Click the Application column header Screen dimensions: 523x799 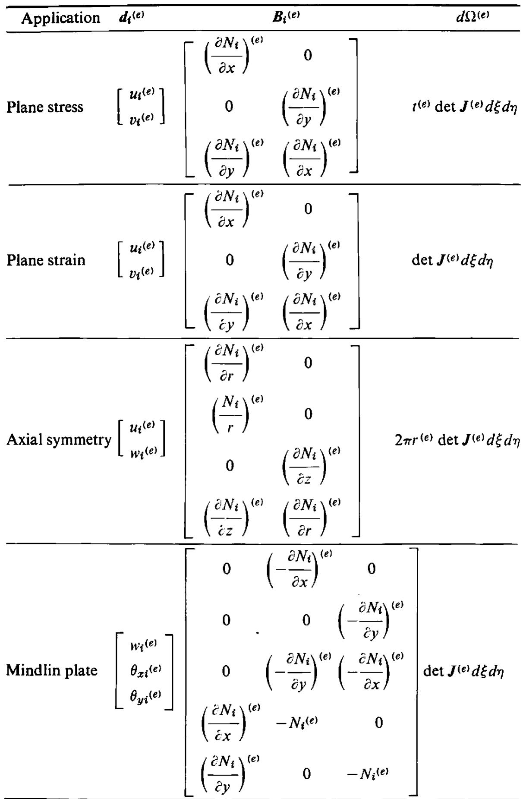pyautogui.click(x=60, y=18)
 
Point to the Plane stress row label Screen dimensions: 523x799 pyautogui.click(x=44, y=107)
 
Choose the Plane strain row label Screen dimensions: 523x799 pyautogui.click(x=46, y=260)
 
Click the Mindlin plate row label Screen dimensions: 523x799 pyautogui.click(x=52, y=670)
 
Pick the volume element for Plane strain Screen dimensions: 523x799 pyautogui.click(x=453, y=260)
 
